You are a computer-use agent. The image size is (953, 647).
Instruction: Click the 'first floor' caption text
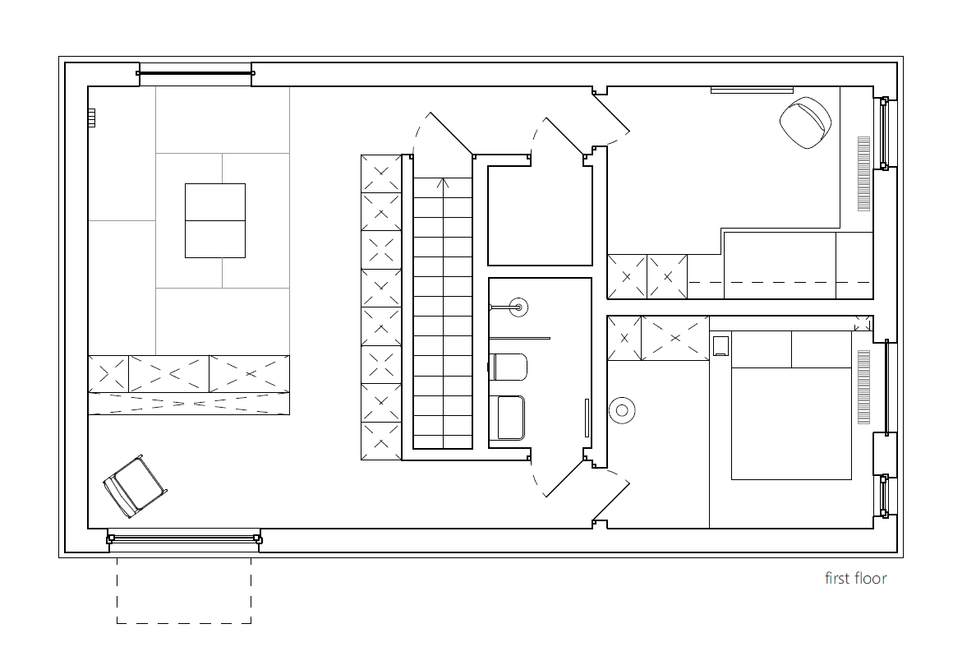tap(855, 578)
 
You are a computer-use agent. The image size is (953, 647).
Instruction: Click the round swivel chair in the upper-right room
tap(805, 122)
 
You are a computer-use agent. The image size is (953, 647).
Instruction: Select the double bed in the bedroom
tap(790, 405)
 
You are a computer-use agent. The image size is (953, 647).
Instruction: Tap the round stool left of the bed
tap(621, 410)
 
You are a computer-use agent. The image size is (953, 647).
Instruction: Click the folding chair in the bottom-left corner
tap(135, 487)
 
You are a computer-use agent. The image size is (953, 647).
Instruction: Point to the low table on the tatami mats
tap(215, 220)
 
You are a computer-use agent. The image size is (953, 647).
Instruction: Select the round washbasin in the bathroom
tap(518, 307)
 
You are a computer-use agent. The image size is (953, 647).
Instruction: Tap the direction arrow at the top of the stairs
tap(443, 183)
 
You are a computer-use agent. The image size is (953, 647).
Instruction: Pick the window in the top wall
tap(195, 73)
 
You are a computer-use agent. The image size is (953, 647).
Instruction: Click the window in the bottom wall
tap(184, 538)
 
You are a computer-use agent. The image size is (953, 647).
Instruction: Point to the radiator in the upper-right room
tap(863, 174)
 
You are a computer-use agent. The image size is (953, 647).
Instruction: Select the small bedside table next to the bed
tap(721, 345)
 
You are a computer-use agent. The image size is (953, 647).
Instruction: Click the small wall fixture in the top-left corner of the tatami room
tap(91, 118)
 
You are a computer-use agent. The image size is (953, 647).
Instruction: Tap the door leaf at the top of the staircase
tap(452, 134)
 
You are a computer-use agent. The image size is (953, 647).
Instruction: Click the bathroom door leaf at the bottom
tap(567, 478)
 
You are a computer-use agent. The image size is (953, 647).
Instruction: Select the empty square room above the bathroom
tap(540, 215)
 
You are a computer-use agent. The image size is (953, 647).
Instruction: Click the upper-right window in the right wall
tap(884, 133)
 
